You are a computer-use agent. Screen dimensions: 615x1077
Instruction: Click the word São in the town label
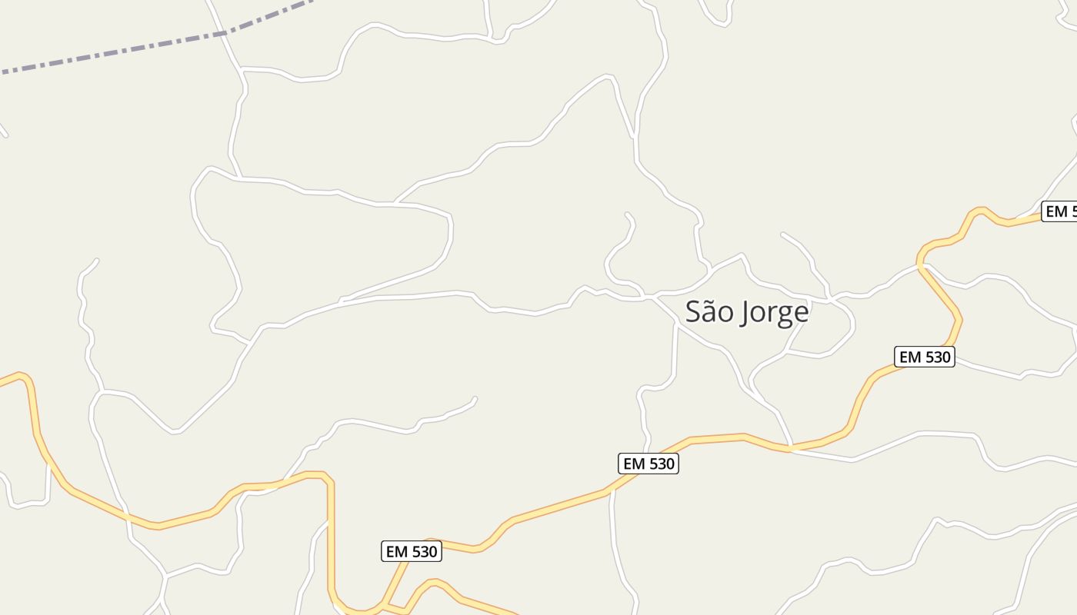(706, 312)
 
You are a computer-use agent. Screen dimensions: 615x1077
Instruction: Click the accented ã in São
(708, 312)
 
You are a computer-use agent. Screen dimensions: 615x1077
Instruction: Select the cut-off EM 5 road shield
(1059, 211)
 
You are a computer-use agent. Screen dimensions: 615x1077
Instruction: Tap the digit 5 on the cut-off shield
(1071, 211)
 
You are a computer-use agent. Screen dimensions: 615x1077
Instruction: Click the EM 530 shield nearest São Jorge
(925, 357)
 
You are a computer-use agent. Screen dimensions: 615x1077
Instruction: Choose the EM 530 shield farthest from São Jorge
(412, 551)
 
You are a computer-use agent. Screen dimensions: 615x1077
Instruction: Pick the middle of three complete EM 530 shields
(649, 464)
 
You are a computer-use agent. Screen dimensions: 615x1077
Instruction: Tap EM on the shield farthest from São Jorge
(396, 551)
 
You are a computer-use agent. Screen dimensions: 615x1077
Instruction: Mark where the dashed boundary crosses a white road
(222, 33)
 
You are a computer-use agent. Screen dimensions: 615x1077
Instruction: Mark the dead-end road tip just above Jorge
(782, 233)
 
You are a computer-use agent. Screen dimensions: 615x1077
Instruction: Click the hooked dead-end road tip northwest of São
(627, 214)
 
